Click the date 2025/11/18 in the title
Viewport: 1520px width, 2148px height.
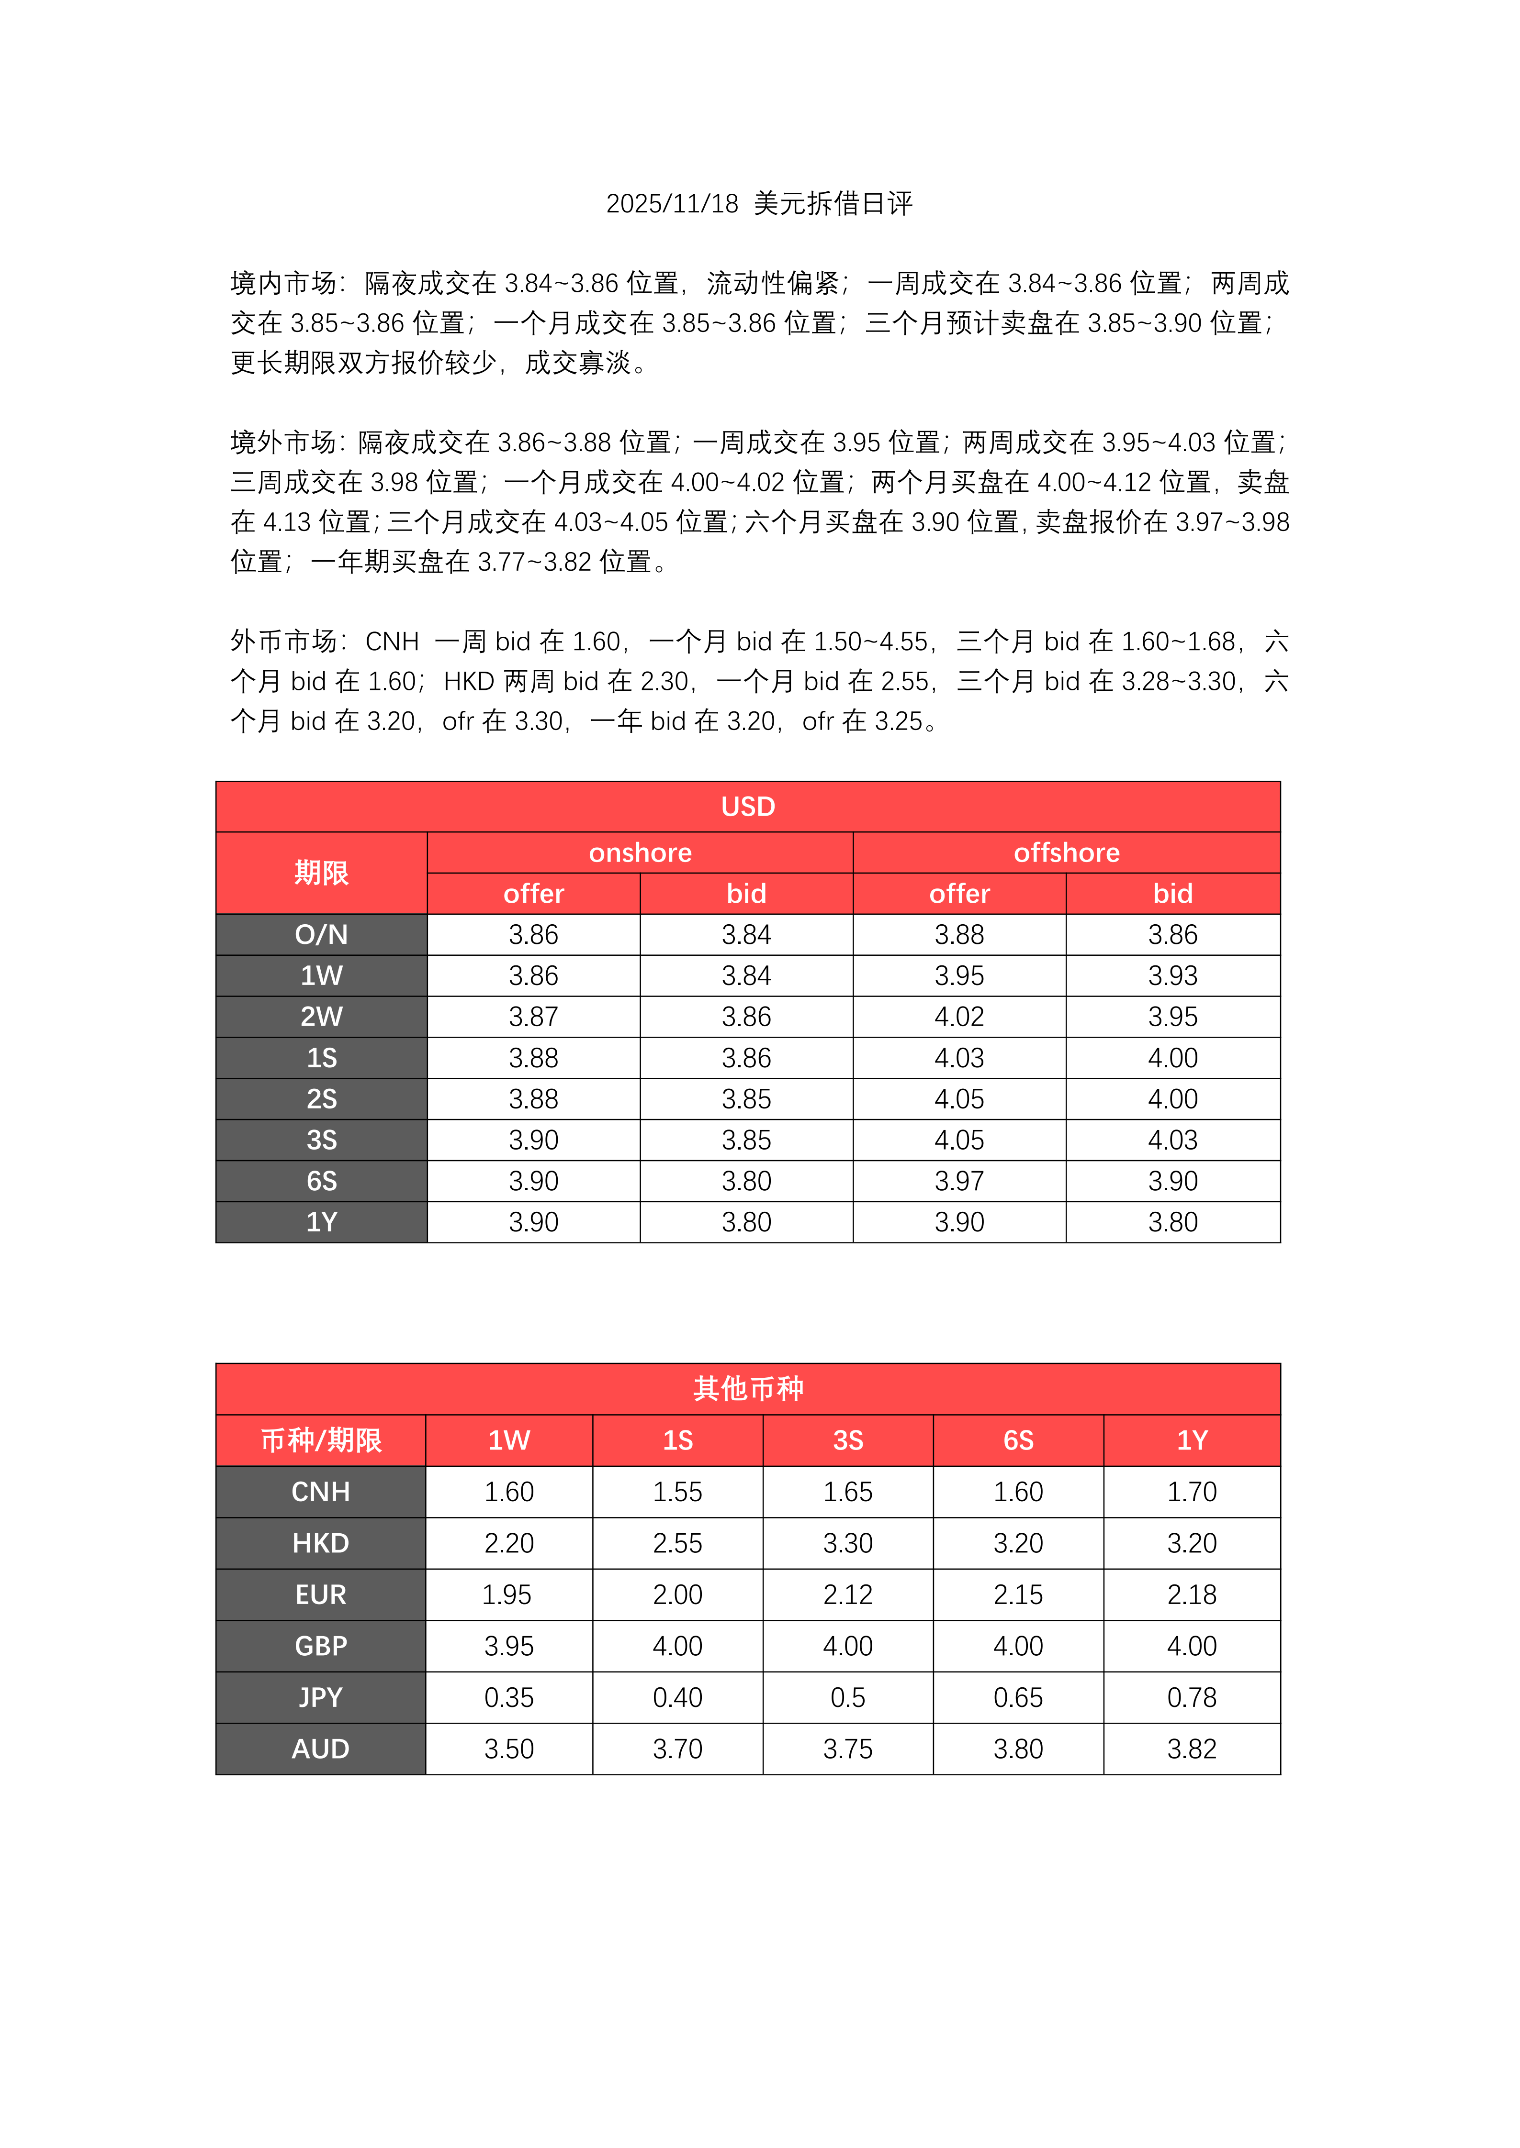point(672,203)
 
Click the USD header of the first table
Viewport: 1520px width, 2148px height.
point(748,807)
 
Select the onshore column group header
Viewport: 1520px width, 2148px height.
point(640,853)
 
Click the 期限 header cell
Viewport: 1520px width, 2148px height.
point(321,873)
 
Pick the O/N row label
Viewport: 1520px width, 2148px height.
point(321,935)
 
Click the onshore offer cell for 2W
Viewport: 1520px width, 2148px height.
point(533,1017)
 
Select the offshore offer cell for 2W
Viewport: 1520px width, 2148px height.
point(959,1017)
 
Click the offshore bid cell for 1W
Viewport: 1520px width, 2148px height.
point(1173,976)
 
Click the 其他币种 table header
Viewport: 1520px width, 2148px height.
point(748,1388)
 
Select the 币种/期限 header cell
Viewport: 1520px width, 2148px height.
point(321,1440)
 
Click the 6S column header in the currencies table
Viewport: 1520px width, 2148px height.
point(1018,1440)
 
